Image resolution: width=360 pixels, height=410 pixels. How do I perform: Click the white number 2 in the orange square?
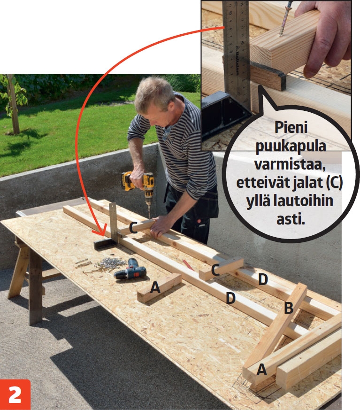tap(15, 395)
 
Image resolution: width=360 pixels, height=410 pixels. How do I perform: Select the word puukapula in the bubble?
tap(291, 147)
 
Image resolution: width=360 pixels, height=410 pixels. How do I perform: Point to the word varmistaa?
tap(290, 165)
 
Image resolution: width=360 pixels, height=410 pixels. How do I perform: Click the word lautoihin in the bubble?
tap(303, 201)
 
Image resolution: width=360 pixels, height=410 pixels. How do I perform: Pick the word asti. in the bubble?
tap(291, 219)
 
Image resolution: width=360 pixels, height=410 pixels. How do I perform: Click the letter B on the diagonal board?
tap(288, 308)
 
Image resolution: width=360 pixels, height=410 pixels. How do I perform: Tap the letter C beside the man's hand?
tap(133, 227)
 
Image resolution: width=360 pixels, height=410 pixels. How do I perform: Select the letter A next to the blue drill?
tap(155, 288)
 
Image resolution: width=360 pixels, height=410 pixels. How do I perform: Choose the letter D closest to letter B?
tap(263, 279)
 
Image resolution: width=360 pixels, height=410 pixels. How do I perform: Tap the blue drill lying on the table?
tap(130, 269)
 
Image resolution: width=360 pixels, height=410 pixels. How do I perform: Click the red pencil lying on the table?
tap(188, 264)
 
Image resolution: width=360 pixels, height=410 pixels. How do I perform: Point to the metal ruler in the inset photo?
tap(237, 52)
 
